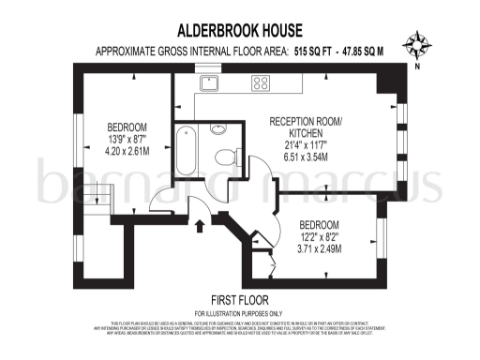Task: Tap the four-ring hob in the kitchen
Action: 260,82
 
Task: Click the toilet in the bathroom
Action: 225,157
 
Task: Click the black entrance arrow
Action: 199,224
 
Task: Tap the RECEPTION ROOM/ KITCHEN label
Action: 307,129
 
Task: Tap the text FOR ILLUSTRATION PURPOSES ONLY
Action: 238,312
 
